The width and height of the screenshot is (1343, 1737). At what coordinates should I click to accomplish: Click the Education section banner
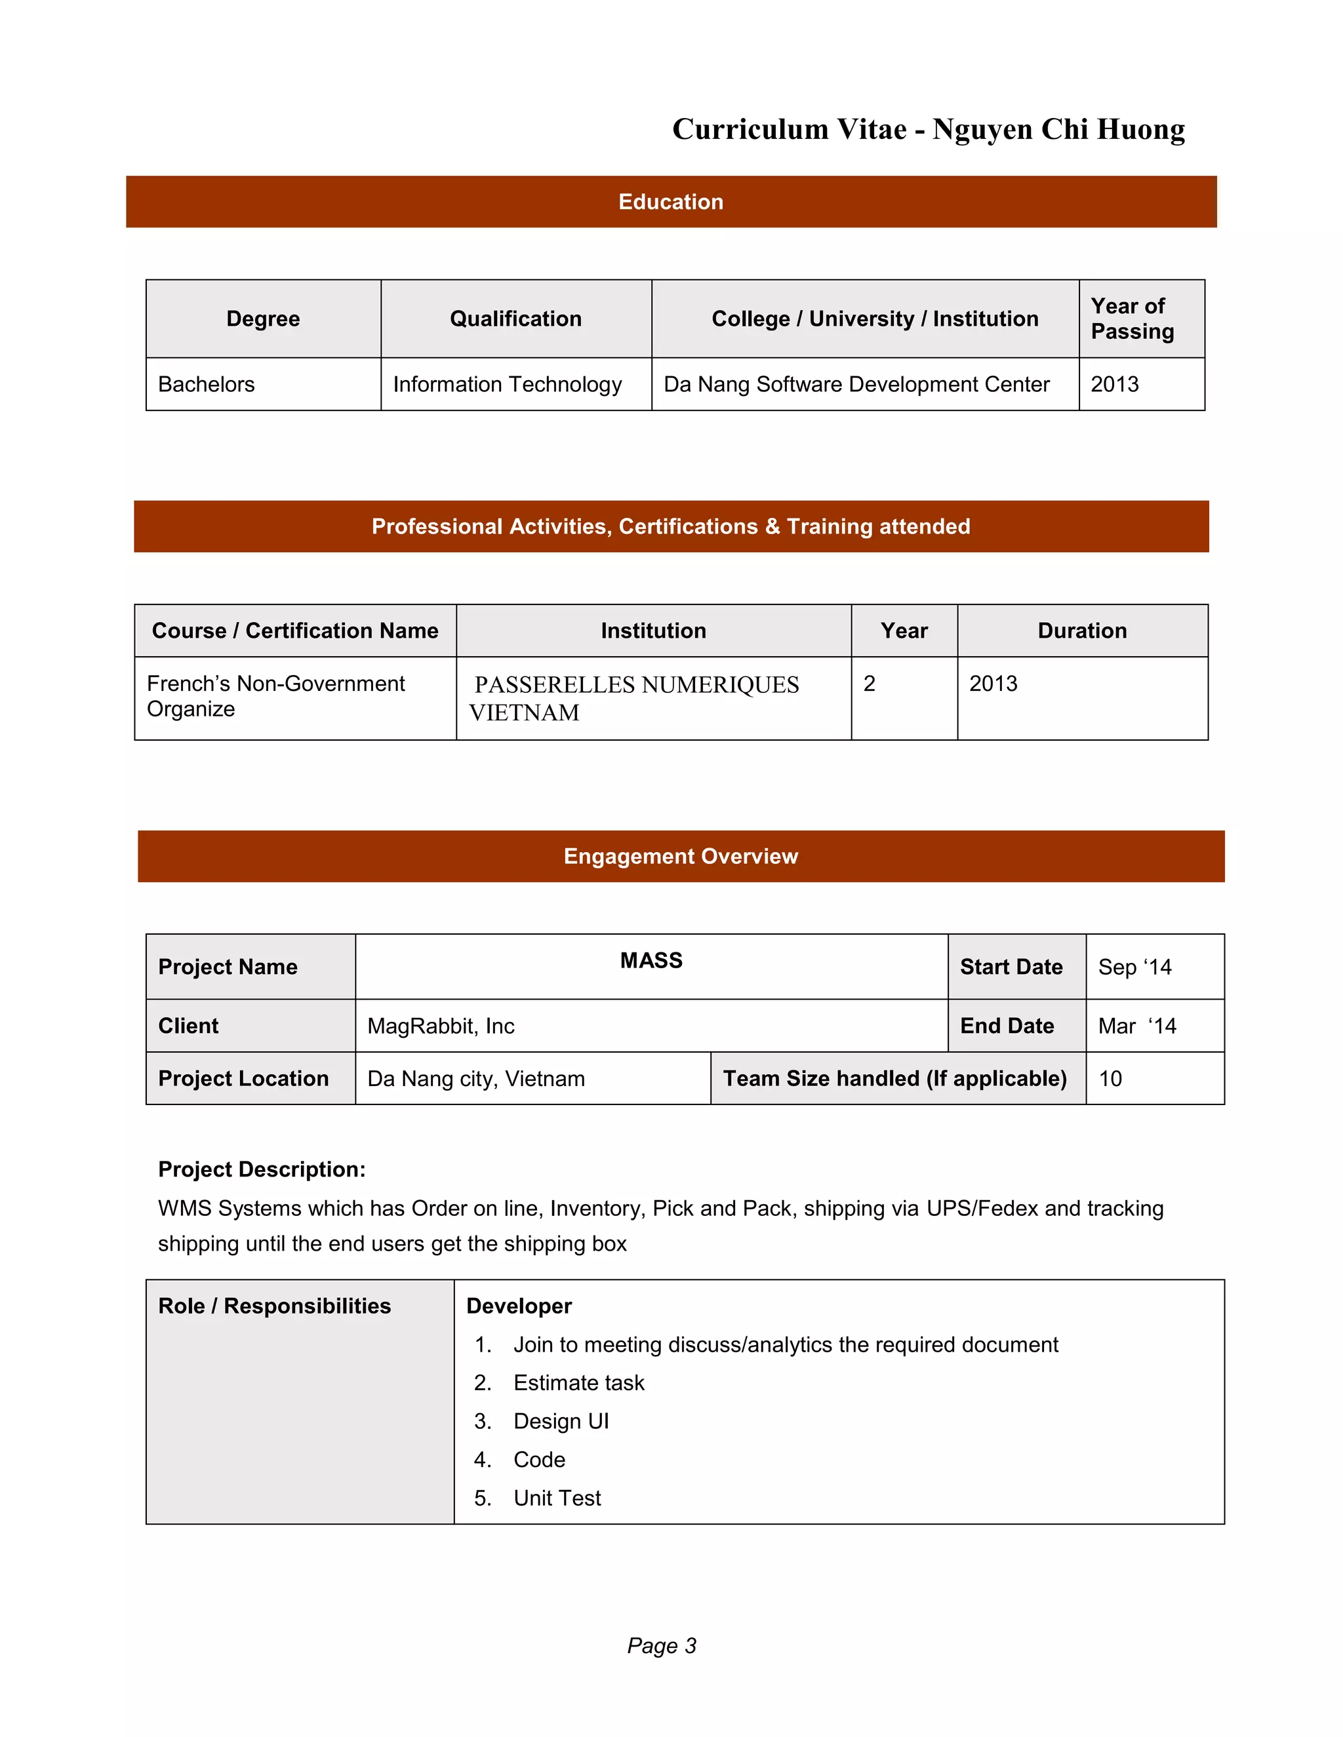point(671,202)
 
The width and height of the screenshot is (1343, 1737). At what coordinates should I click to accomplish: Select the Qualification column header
point(515,319)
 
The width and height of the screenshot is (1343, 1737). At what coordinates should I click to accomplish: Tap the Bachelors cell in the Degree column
point(207,384)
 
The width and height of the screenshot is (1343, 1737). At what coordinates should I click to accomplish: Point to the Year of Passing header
point(1132,319)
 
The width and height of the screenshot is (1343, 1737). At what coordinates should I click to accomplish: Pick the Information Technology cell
point(508,384)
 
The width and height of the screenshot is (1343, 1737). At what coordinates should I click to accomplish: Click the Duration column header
point(1081,631)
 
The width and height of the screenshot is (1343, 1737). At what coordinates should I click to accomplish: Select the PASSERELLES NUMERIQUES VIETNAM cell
point(637,698)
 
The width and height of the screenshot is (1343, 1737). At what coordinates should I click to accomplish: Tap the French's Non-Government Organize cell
point(275,696)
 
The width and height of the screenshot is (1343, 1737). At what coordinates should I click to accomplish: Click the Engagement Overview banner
point(680,857)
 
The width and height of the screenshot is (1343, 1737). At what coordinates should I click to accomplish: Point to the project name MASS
point(651,961)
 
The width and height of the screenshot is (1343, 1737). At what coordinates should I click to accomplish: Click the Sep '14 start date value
point(1134,967)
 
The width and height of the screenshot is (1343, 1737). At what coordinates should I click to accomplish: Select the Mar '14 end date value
point(1137,1026)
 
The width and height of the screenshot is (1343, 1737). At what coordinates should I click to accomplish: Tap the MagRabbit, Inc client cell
point(441,1026)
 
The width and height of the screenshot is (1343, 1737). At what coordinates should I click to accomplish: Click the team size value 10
point(1110,1080)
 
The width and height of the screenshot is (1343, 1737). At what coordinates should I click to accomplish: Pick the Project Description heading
point(262,1169)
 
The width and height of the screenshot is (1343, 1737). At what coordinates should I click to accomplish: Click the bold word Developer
point(519,1306)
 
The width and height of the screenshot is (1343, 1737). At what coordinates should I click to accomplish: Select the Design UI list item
point(561,1421)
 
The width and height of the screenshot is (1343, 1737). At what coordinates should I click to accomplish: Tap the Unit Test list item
point(557,1498)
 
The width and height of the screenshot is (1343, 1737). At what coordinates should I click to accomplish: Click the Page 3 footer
point(661,1645)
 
